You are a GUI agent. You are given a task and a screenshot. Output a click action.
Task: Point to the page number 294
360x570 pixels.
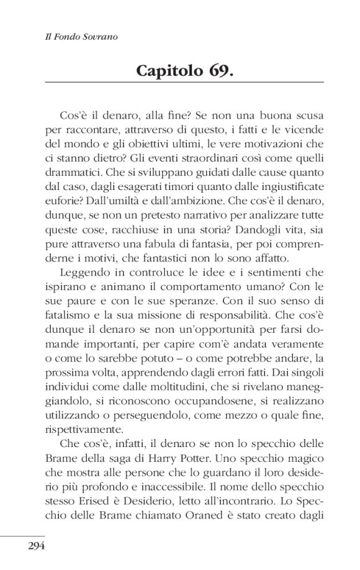point(37,546)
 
